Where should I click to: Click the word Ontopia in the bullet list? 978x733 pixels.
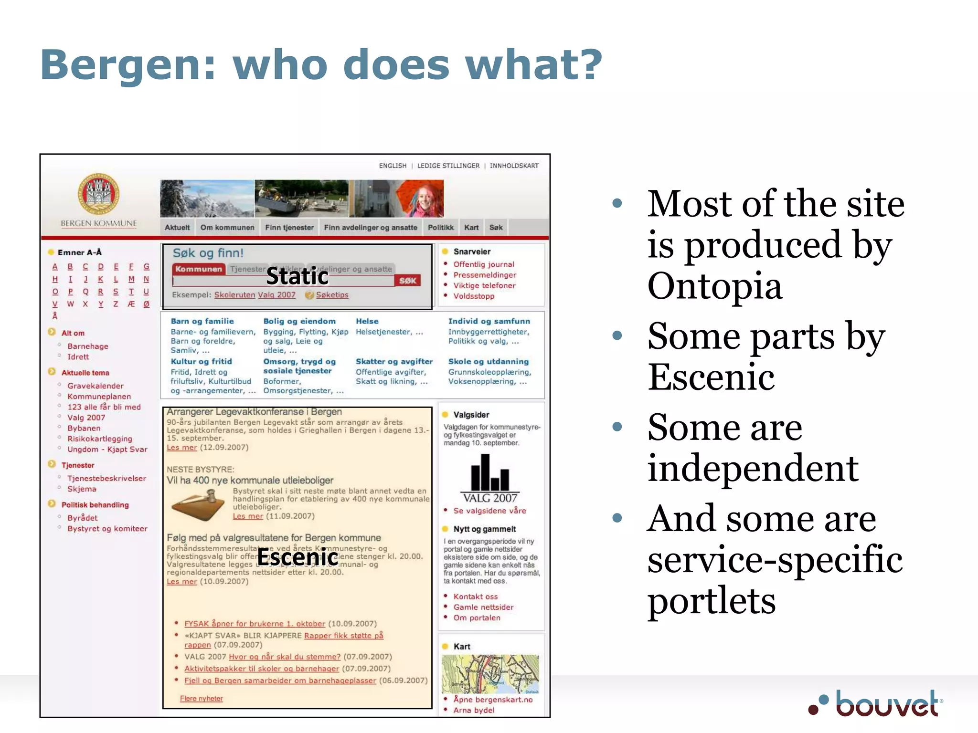(x=715, y=286)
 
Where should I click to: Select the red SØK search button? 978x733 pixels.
(x=408, y=281)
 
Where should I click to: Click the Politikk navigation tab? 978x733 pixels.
(x=440, y=228)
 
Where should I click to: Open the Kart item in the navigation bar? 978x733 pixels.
(x=471, y=228)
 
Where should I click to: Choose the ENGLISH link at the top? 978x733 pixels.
(x=393, y=166)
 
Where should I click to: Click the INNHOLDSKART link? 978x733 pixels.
(x=514, y=166)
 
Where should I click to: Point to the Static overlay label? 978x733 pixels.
(x=297, y=276)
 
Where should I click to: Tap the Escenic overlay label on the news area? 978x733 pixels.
(x=298, y=557)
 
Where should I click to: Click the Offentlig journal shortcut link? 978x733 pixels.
(x=484, y=264)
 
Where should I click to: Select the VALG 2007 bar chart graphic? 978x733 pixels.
(x=490, y=477)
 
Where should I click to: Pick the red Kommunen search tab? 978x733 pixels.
(x=199, y=269)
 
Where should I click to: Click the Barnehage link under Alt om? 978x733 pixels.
(x=88, y=346)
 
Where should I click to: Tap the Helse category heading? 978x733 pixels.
(x=367, y=321)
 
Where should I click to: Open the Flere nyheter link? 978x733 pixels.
(x=202, y=699)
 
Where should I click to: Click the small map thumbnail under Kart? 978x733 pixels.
(x=490, y=674)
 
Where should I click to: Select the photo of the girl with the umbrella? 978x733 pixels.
(x=420, y=199)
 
